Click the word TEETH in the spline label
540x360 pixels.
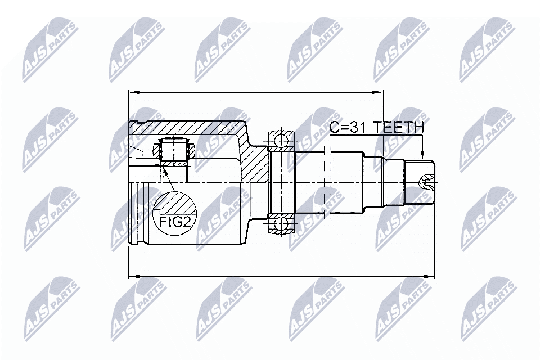point(400,128)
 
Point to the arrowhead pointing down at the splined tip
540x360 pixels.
point(422,154)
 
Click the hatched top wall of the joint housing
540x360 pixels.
point(191,128)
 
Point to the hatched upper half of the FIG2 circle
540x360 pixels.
point(174,201)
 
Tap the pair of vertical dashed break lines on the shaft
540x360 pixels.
point(328,181)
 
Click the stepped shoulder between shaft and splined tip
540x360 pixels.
point(394,182)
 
